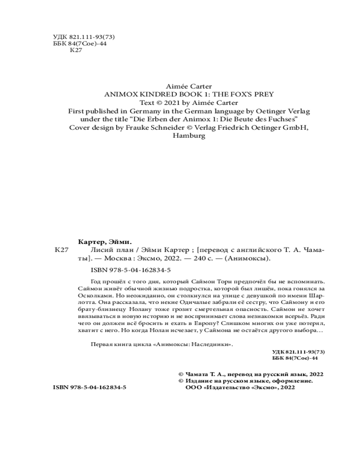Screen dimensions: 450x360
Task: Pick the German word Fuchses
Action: point(283,119)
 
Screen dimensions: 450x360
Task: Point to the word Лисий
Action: point(88,250)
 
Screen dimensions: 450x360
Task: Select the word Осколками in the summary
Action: point(94,297)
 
